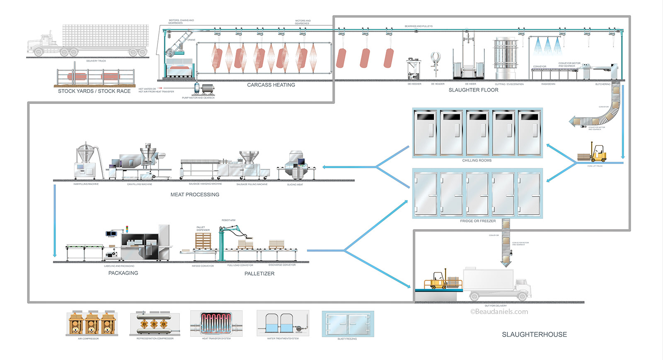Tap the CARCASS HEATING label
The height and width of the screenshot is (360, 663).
271,85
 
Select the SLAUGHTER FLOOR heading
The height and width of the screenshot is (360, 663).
473,90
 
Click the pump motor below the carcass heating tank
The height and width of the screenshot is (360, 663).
205,89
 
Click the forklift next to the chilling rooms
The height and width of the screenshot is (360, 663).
597,154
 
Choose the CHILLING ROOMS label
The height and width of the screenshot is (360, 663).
477,160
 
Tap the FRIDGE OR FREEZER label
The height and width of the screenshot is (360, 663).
478,221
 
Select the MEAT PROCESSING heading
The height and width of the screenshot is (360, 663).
195,194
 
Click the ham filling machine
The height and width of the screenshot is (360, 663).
86,162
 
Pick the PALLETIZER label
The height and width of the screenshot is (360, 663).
259,273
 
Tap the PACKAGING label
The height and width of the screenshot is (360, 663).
123,273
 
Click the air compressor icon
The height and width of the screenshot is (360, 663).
92,324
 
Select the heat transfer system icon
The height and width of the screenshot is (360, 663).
216,324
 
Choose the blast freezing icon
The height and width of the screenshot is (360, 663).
348,324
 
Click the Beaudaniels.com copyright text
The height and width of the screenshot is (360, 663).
499,312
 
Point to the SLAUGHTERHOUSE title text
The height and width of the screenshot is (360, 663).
534,334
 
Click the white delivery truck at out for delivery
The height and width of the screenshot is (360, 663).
497,284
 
